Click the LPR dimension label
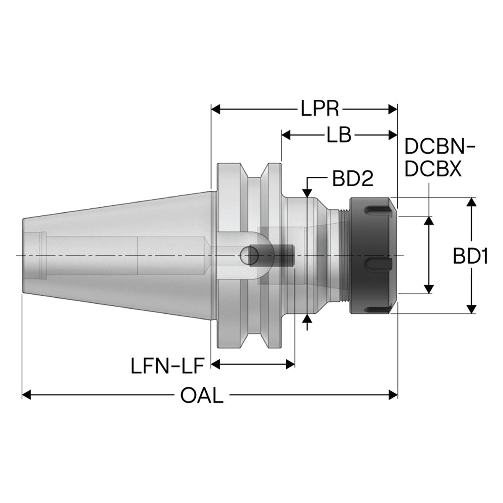point(319,108)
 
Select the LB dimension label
point(339,135)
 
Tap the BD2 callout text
point(352,179)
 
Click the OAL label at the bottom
point(202,395)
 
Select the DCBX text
point(433,169)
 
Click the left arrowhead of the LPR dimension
point(216,109)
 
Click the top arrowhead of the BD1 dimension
point(471,202)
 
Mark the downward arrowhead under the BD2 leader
point(308,193)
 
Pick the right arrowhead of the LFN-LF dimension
point(290,364)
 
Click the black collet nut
point(373,255)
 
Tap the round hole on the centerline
point(249,255)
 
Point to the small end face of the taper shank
point(23,255)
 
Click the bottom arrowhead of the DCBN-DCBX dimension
point(429,289)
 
